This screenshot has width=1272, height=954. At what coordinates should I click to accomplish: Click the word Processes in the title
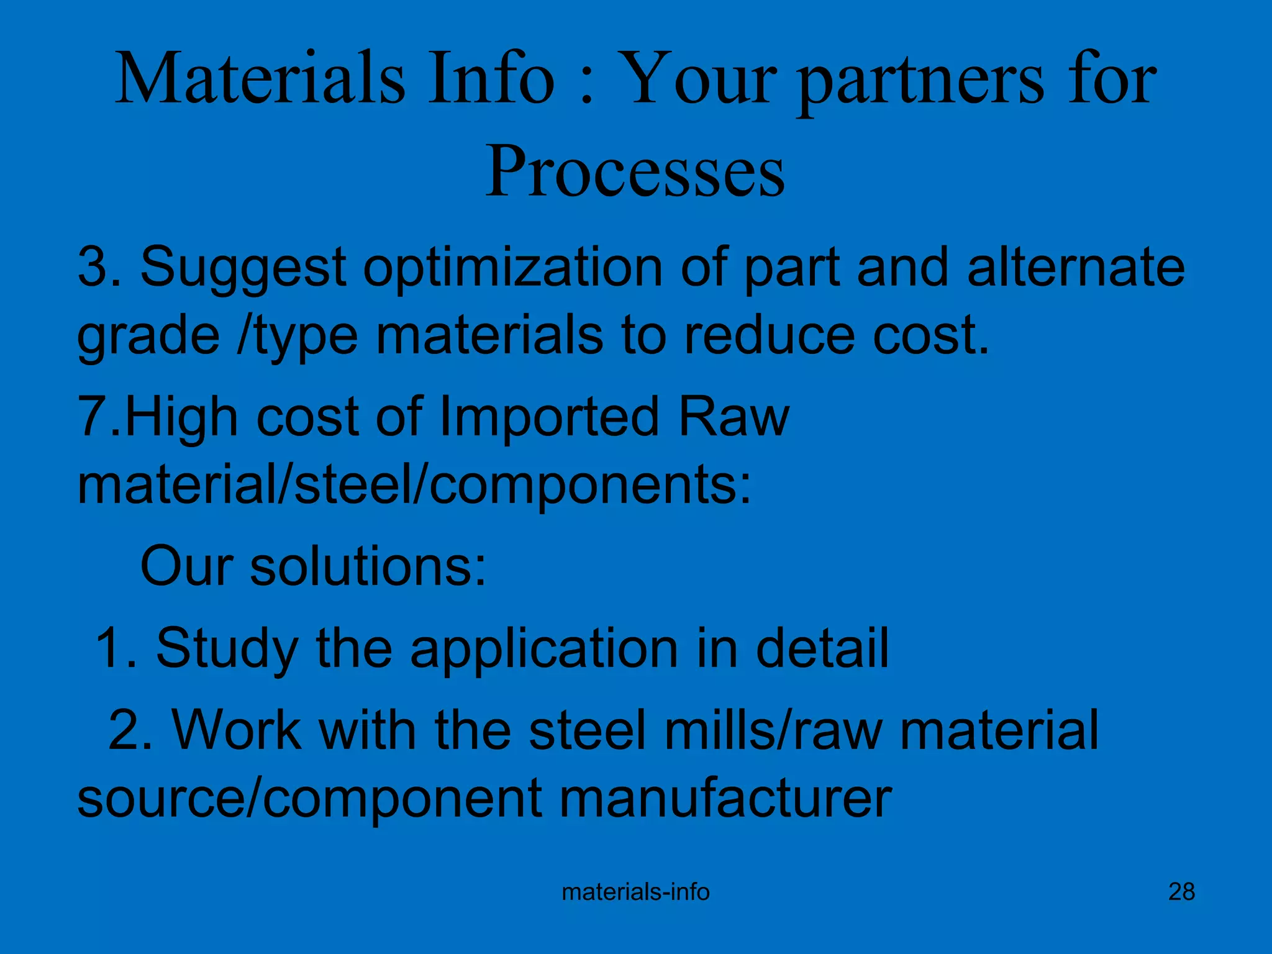click(635, 171)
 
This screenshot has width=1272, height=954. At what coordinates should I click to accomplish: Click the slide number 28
click(1181, 892)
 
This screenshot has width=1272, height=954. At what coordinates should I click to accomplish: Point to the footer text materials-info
click(635, 892)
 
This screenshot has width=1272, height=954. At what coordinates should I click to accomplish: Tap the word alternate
click(1076, 267)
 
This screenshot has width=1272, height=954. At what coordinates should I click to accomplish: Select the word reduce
click(769, 335)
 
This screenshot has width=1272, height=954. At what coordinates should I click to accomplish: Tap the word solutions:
click(368, 566)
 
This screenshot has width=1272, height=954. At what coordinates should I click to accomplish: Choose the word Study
click(227, 648)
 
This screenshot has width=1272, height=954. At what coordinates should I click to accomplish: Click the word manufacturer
click(725, 799)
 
